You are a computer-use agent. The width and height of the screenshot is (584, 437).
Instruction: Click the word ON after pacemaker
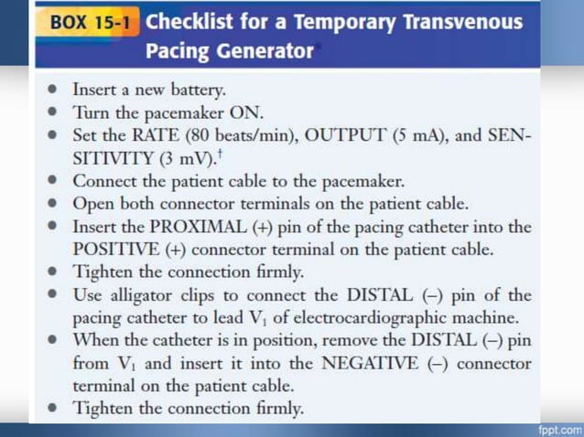click(x=250, y=113)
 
